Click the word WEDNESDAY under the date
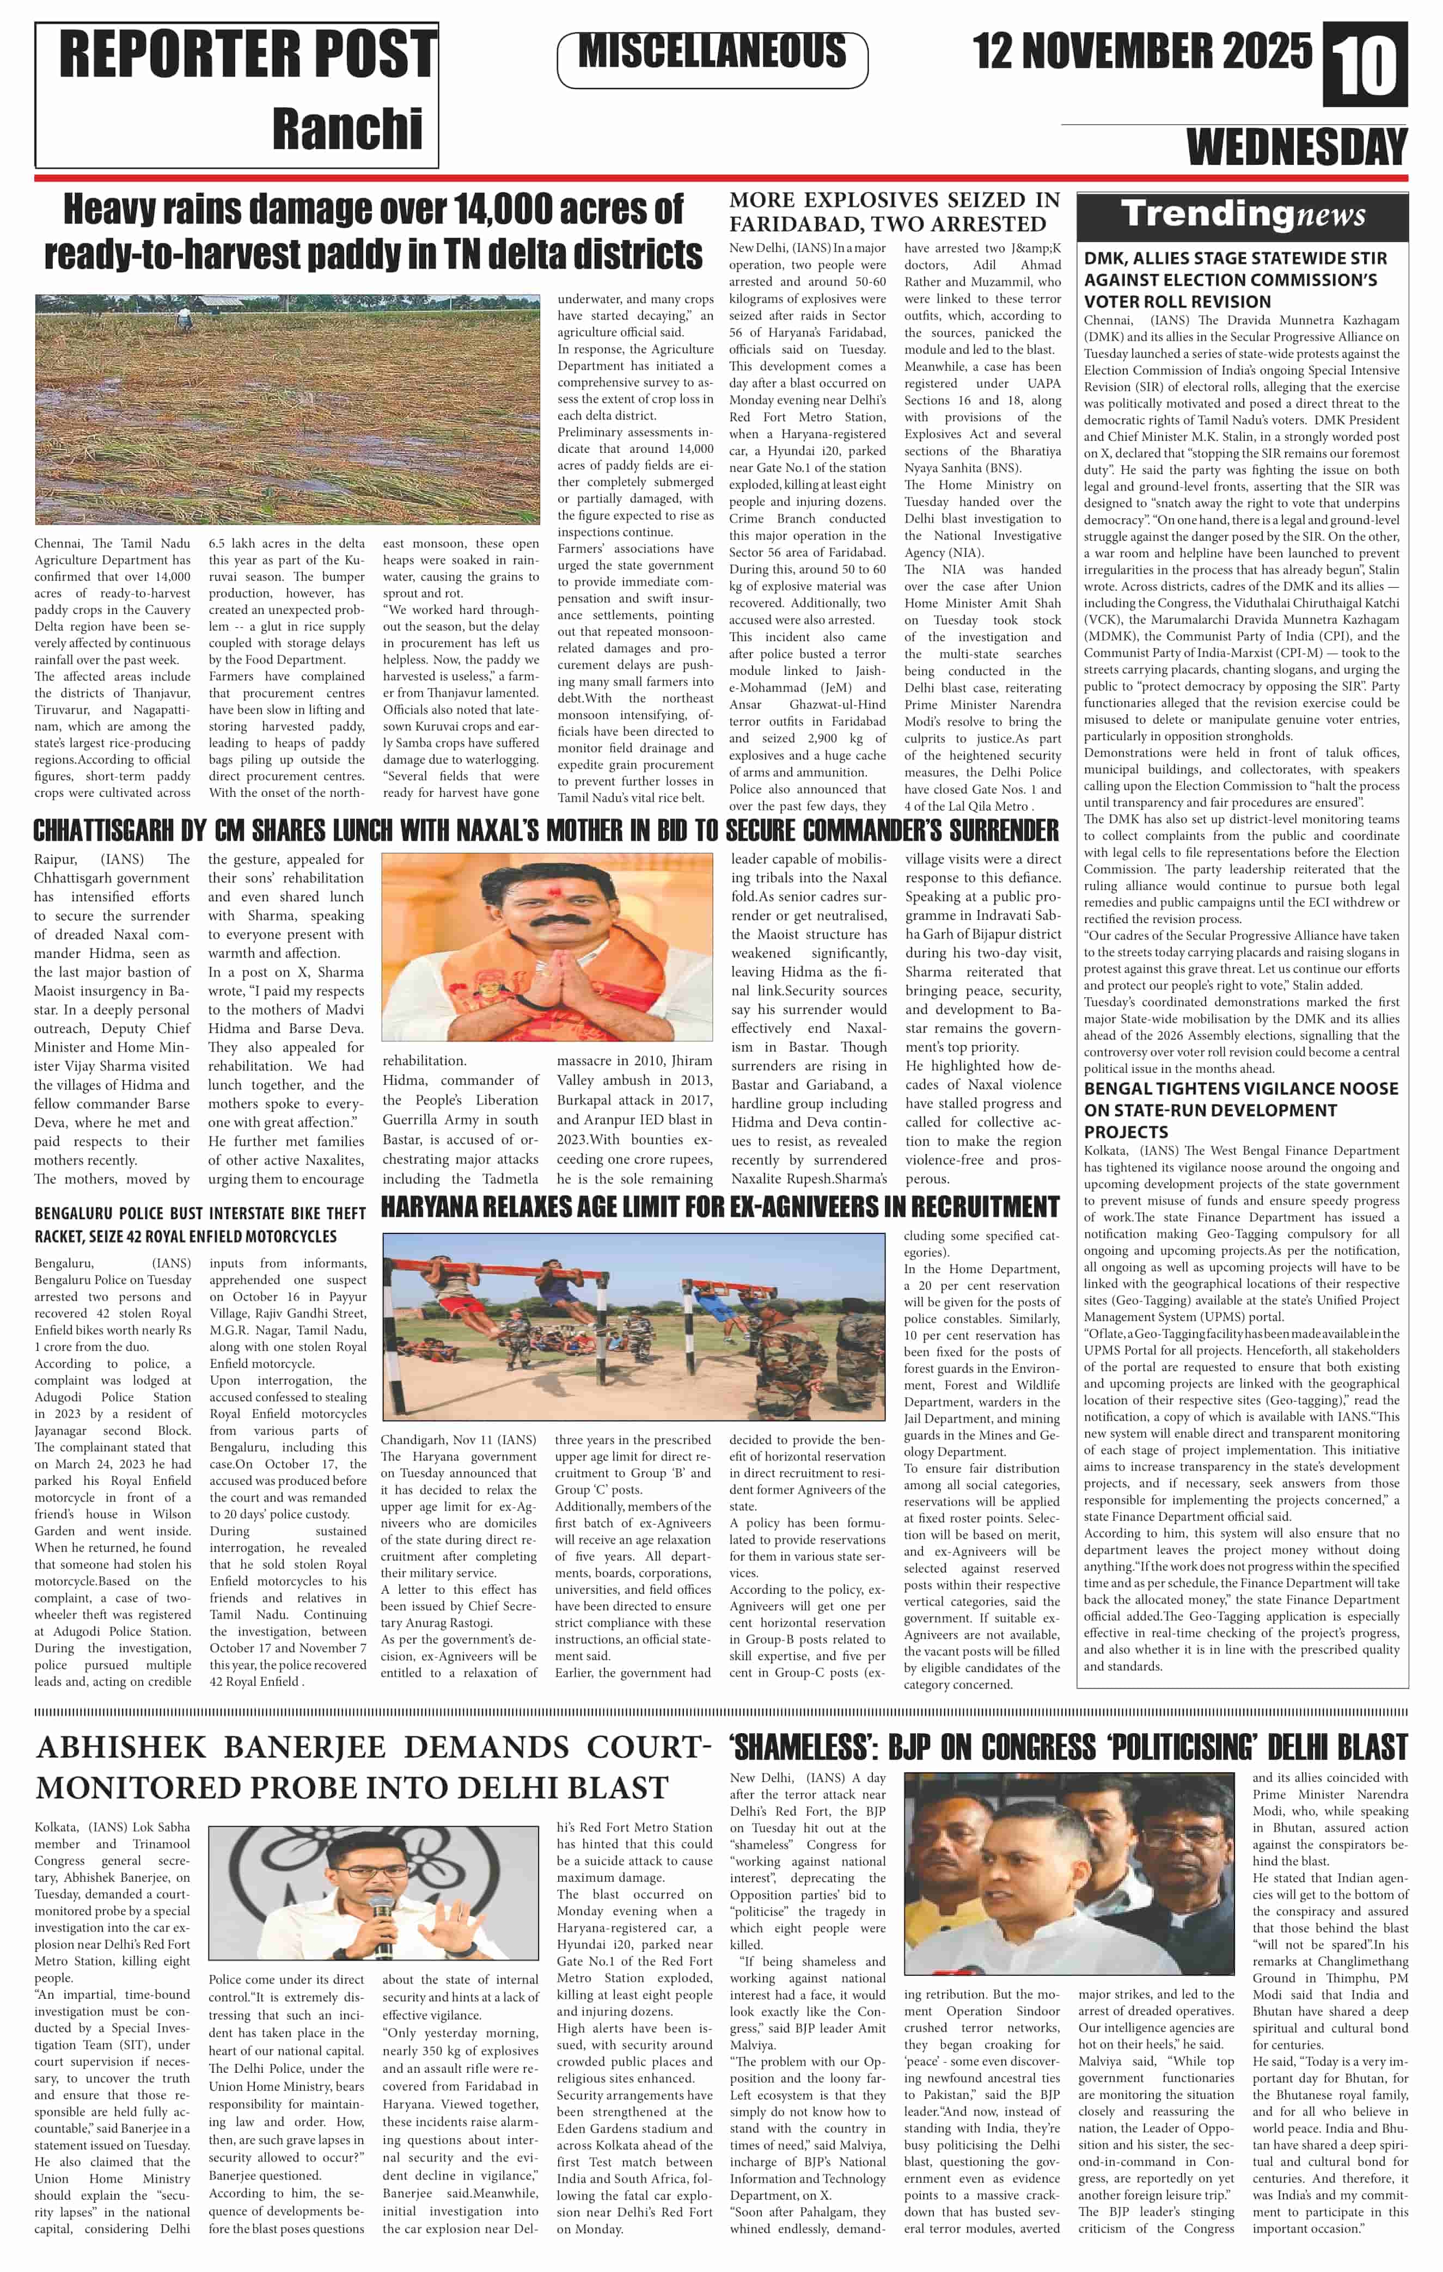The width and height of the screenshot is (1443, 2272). coord(1296,147)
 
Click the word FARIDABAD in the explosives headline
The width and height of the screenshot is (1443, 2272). coord(794,225)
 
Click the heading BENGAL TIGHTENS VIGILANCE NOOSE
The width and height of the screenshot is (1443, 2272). coord(1240,1088)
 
